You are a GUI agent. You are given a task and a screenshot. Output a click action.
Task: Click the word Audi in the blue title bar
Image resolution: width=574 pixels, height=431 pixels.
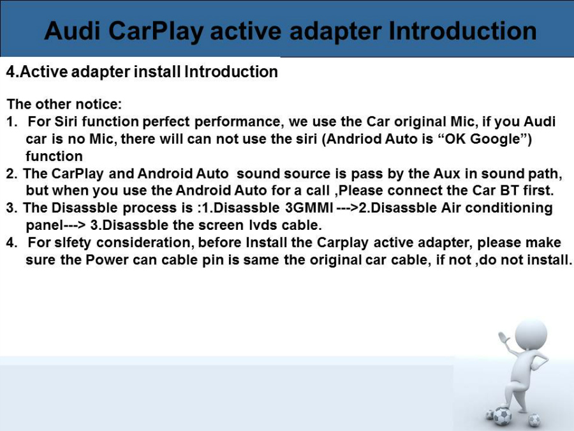click(x=71, y=31)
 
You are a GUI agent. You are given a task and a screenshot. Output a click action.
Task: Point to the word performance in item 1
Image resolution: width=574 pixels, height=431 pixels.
click(x=239, y=122)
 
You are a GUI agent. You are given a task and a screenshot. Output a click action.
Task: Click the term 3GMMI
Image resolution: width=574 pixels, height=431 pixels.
click(x=309, y=208)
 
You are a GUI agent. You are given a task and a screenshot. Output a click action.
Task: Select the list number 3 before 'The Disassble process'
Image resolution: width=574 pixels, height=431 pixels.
click(x=10, y=208)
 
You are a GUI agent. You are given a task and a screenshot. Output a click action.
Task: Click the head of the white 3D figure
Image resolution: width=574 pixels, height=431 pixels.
click(x=531, y=335)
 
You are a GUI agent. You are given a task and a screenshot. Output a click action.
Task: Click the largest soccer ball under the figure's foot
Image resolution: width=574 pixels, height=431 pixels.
click(x=503, y=416)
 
